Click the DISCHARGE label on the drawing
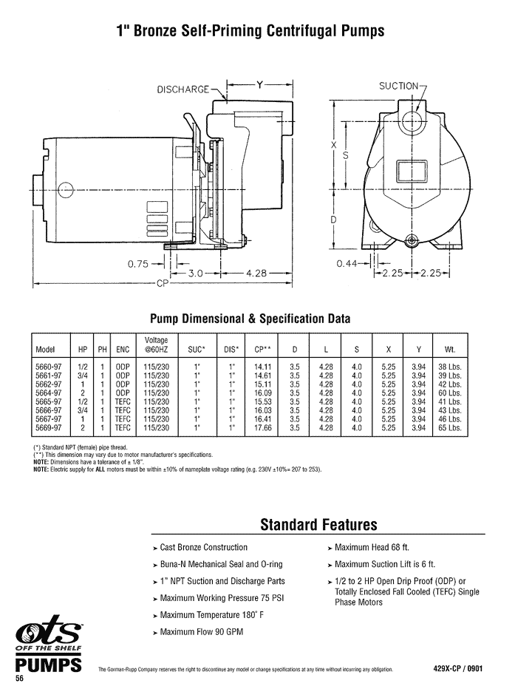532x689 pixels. pos(183,90)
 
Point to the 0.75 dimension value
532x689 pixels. pos(138,262)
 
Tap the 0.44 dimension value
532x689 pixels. pos(348,264)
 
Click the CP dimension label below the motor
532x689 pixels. pos(163,283)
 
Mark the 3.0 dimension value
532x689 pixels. pos(196,273)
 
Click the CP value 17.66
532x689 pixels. pos(262,427)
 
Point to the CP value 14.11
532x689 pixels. pos(262,366)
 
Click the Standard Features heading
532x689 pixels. pos(318,525)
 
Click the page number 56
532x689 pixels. pos(20,679)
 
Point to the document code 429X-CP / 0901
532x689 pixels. pos(458,668)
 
